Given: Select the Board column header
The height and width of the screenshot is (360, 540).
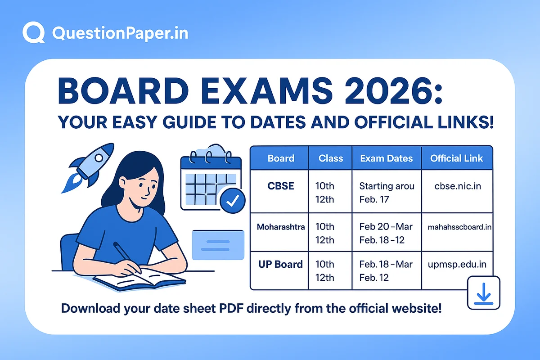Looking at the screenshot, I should point(281,158).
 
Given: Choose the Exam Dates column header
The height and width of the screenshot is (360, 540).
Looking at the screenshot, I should point(387,158).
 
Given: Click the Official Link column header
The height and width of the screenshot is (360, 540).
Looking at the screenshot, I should point(457,158).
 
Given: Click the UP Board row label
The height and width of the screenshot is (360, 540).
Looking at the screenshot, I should point(280,264).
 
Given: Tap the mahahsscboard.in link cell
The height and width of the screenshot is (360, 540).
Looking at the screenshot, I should point(459,227).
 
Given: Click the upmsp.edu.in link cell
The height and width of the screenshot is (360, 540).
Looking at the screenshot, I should point(456,264).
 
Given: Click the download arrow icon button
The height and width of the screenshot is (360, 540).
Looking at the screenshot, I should point(484,293).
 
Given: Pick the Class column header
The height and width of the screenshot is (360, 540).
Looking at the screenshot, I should point(331,158).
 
